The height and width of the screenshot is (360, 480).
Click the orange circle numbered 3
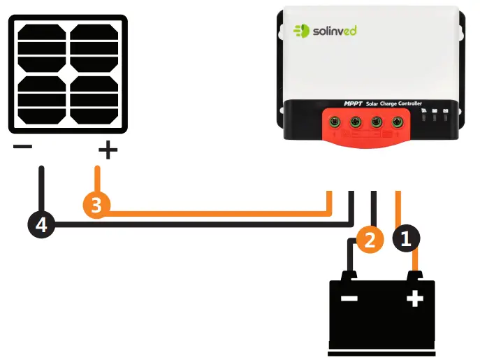pyautogui.click(x=96, y=206)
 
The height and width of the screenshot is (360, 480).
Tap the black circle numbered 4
pyautogui.click(x=41, y=225)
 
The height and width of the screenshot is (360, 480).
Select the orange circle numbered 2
pyautogui.click(x=370, y=239)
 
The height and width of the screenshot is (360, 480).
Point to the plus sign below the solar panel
pyautogui.click(x=107, y=149)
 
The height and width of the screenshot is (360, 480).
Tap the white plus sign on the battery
pyautogui.click(x=415, y=299)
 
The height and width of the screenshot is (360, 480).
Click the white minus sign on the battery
pyautogui.click(x=349, y=299)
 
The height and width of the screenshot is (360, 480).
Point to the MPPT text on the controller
pyautogui.click(x=352, y=103)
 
